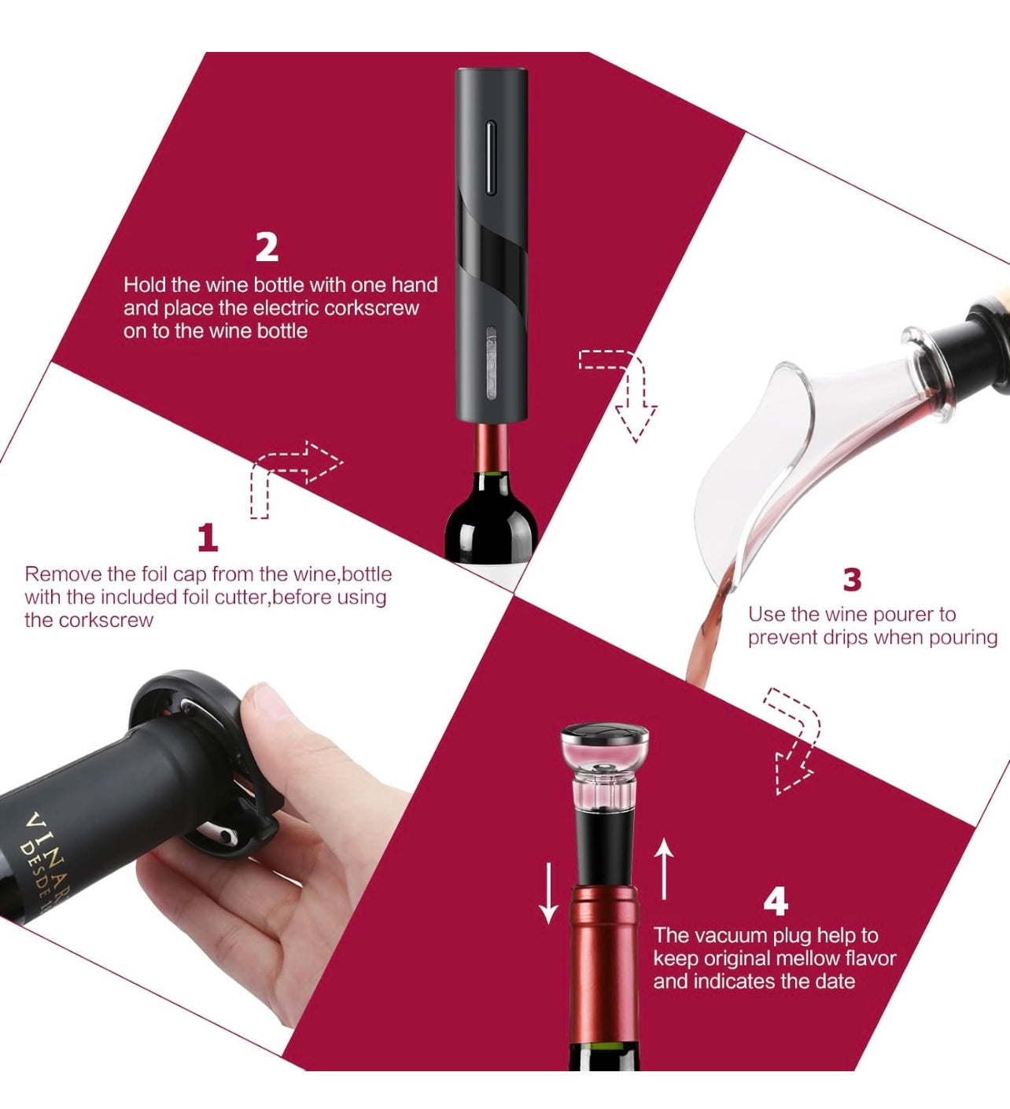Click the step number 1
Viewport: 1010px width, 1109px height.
pyautogui.click(x=208, y=538)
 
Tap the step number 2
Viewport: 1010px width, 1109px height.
pyautogui.click(x=267, y=247)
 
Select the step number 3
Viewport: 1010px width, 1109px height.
pyautogui.click(x=852, y=580)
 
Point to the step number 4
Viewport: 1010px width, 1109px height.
pyautogui.click(x=776, y=901)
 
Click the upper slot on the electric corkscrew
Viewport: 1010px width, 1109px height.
pyautogui.click(x=491, y=157)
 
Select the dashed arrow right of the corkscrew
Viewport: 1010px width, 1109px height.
pyautogui.click(x=625, y=389)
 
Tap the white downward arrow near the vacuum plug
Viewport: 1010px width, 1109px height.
pyautogui.click(x=548, y=892)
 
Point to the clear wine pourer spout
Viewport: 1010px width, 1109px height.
pyautogui.click(x=755, y=464)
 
